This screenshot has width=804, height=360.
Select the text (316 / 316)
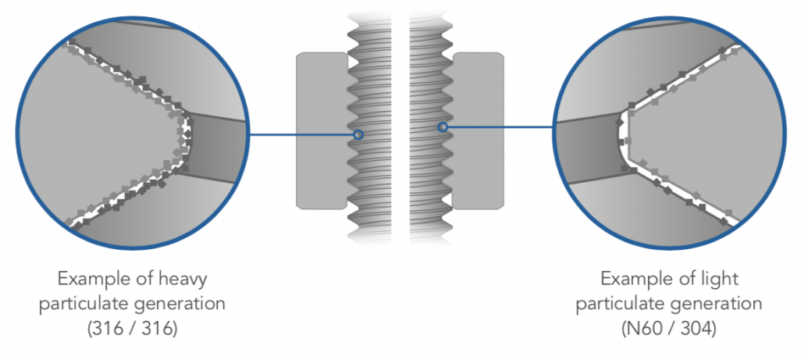(133, 329)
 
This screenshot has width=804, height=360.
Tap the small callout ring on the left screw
(358, 134)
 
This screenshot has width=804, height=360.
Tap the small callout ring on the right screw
(443, 127)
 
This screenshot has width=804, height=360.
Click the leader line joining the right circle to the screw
(500, 127)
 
